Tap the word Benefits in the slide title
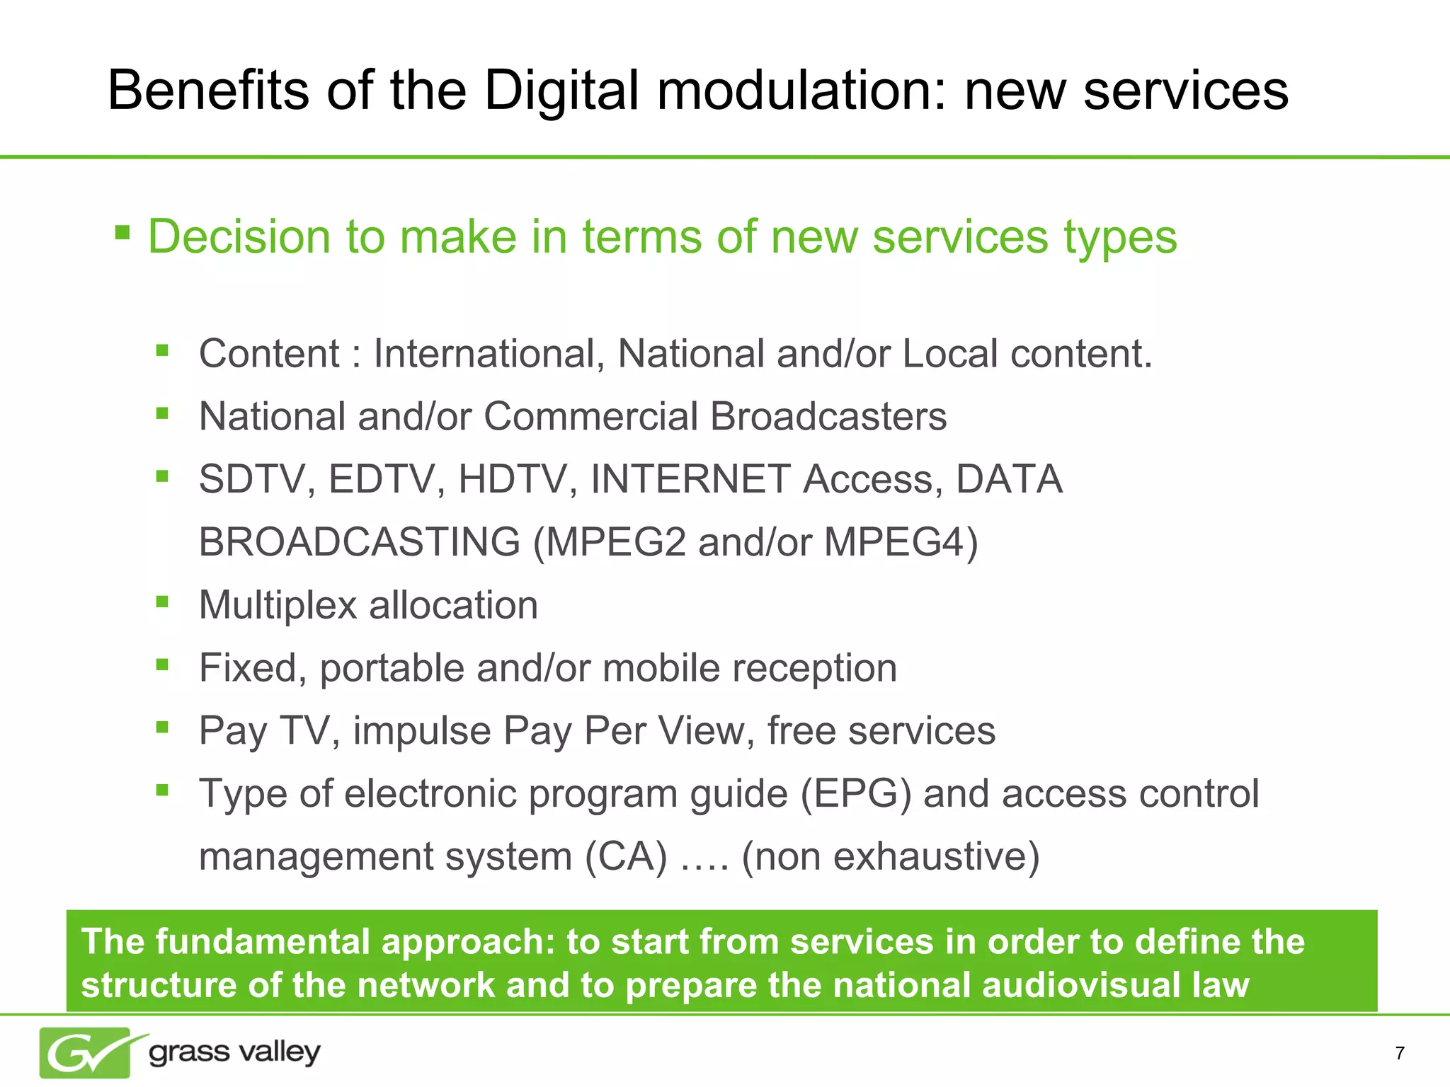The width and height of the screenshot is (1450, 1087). (x=208, y=91)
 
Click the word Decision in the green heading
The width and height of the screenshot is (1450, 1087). (x=239, y=237)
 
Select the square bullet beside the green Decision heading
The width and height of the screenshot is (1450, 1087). (x=122, y=232)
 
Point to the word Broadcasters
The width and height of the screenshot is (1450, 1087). (x=828, y=417)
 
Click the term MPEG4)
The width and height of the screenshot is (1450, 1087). (x=901, y=543)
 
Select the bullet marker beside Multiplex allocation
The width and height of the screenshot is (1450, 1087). (x=163, y=602)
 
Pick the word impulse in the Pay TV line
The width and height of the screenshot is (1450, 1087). (x=422, y=731)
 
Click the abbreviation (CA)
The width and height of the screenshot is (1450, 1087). (x=626, y=857)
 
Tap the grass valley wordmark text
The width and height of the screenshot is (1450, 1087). (x=234, y=1052)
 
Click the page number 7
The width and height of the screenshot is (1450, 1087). (x=1399, y=1054)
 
